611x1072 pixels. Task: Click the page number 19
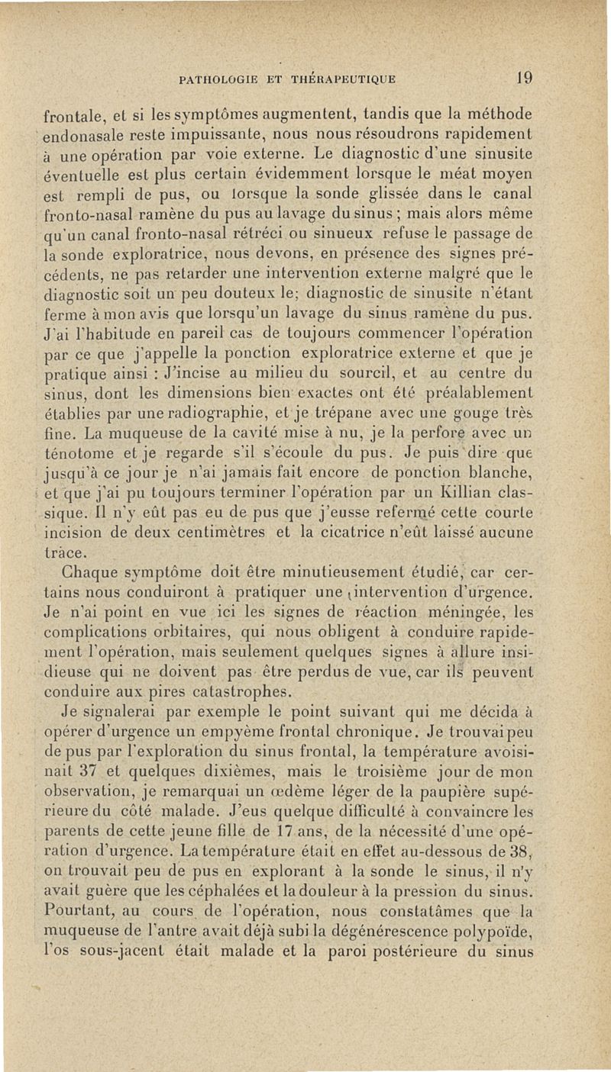(524, 76)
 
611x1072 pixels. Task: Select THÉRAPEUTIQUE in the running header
(346, 77)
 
